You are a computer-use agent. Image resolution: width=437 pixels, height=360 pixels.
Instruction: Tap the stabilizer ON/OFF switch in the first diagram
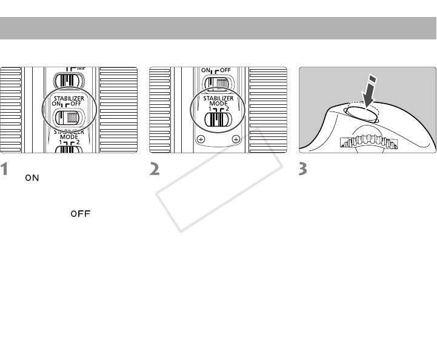coord(68,118)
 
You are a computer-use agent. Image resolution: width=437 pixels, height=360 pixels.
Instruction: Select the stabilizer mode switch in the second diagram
coord(217,119)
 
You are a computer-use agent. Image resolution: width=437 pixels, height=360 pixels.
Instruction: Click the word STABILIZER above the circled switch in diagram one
coord(68,97)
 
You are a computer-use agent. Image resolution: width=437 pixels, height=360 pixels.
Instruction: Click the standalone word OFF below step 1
coord(78,214)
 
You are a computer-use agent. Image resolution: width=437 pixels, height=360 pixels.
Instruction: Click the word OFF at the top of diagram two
coord(225,70)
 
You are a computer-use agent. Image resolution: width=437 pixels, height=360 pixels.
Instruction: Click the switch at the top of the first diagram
coord(68,81)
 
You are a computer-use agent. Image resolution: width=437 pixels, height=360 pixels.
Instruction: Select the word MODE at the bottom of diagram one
coord(68,138)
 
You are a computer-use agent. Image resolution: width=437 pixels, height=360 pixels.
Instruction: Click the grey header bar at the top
coord(218,28)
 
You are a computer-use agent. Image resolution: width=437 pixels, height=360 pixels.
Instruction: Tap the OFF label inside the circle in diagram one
coord(77,104)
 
